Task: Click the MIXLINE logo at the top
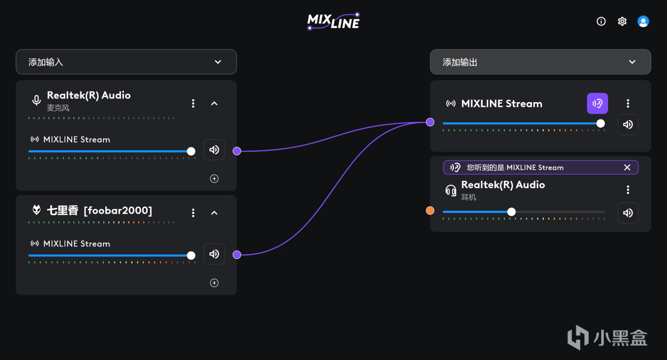[333, 21]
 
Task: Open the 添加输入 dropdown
[126, 62]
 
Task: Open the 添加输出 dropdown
[540, 62]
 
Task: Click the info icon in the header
[601, 21]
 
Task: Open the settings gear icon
[622, 21]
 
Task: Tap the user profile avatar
[643, 21]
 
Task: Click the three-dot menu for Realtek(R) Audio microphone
[193, 104]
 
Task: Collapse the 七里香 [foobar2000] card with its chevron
[214, 213]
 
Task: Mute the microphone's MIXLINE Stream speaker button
[214, 150]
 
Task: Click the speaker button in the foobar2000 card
[214, 254]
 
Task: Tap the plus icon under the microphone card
[214, 179]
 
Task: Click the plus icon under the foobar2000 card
[214, 283]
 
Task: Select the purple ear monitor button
[597, 104]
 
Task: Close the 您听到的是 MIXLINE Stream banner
[627, 167]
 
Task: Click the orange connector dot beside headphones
[430, 211]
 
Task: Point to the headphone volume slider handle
[511, 212]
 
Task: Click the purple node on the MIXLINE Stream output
[430, 122]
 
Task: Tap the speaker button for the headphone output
[628, 213]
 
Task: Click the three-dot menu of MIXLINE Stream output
[628, 104]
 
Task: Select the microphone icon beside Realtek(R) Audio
[36, 100]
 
